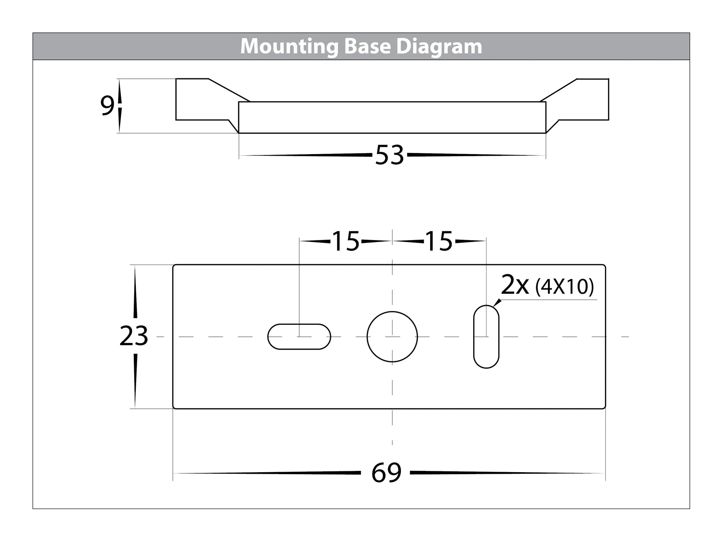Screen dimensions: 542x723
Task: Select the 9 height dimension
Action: (x=107, y=106)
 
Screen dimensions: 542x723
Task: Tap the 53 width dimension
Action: (x=389, y=155)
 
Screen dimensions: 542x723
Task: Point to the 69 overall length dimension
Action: (x=386, y=473)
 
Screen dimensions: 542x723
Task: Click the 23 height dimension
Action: (x=134, y=336)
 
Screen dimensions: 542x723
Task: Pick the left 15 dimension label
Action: (x=346, y=241)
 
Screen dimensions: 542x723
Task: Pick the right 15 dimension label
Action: (x=439, y=241)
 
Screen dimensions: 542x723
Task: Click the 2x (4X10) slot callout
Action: (x=547, y=286)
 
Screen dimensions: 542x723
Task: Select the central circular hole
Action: (x=392, y=336)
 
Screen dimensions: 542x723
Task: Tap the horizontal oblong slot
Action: (x=299, y=336)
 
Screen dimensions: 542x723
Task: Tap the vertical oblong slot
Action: (x=486, y=336)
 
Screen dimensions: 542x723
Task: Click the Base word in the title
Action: (x=367, y=47)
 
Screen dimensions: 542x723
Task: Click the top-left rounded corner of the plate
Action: (x=174, y=266)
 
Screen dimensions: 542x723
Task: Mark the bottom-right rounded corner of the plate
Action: (x=604, y=407)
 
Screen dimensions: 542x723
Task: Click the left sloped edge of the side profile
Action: (x=229, y=90)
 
